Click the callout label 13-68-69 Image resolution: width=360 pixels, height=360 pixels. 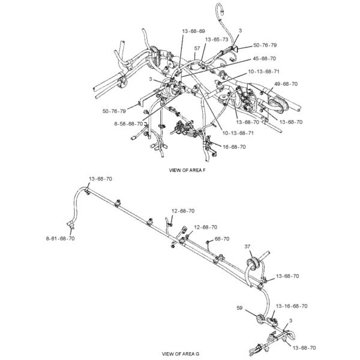pos(193,31)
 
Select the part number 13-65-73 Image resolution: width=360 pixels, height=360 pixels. pos(217,39)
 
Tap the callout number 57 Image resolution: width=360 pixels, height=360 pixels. pos(197,47)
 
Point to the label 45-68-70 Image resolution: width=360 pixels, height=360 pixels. pos(264,58)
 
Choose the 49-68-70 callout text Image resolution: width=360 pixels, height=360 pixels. pos(286,83)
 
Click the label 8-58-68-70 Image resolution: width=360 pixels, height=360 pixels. pos(128,124)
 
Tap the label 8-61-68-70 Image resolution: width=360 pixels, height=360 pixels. pos(61,238)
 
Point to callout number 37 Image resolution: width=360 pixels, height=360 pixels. pos(248,247)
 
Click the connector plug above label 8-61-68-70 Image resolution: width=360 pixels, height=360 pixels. pos(72,226)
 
